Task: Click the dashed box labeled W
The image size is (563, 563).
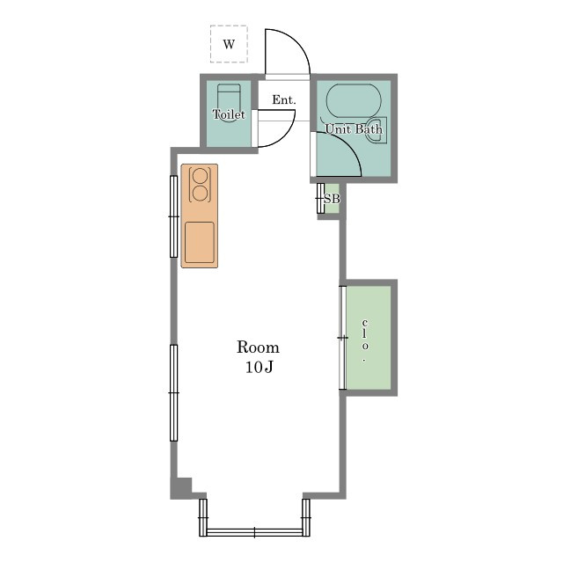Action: [x=229, y=44]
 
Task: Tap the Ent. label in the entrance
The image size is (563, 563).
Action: [x=284, y=99]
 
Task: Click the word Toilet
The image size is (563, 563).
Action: [x=229, y=114]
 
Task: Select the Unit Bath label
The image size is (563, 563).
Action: [x=354, y=129]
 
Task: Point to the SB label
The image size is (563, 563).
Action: [x=332, y=199]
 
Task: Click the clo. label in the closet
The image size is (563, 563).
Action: [x=365, y=340]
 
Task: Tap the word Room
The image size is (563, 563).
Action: [x=258, y=347]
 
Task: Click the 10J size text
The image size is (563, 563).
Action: [x=260, y=367]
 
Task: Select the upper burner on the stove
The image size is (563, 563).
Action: [x=200, y=176]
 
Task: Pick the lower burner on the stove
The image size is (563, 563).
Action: [x=200, y=194]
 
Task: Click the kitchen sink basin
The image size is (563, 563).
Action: [x=200, y=243]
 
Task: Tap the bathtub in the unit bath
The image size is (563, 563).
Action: [x=354, y=101]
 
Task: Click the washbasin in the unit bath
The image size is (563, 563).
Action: [x=377, y=130]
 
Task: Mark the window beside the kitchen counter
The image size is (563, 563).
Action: [x=174, y=216]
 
